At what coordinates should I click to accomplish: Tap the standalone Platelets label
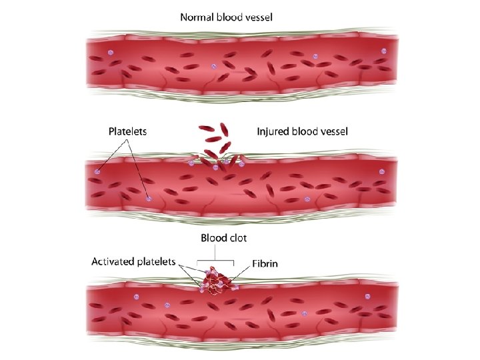[x=128, y=132]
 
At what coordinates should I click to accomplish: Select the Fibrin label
[x=265, y=263]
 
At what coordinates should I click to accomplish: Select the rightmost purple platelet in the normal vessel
[x=383, y=51]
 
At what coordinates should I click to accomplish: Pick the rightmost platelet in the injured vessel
[x=382, y=171]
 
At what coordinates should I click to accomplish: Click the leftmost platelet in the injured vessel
[x=98, y=171]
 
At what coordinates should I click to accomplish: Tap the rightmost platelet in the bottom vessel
[x=366, y=296]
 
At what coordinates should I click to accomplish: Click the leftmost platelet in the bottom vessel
[x=136, y=296]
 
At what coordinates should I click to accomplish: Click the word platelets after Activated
[x=155, y=262]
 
